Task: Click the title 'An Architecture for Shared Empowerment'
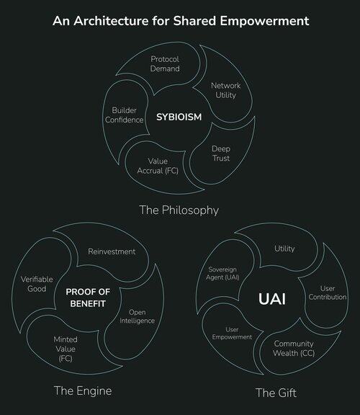click(x=181, y=21)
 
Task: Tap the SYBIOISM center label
click(x=179, y=117)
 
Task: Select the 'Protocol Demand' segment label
click(x=165, y=64)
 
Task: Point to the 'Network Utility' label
click(x=225, y=90)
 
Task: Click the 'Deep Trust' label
click(x=221, y=153)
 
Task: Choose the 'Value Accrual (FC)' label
click(x=158, y=166)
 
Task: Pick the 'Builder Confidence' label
click(x=124, y=115)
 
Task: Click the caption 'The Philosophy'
click(x=179, y=210)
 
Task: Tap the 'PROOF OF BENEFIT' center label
click(x=88, y=298)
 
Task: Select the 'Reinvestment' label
click(x=112, y=251)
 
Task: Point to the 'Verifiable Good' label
click(x=37, y=284)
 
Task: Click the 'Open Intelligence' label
click(x=137, y=316)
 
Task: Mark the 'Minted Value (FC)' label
click(x=66, y=349)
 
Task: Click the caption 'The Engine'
click(x=83, y=391)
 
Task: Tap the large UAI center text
click(x=272, y=299)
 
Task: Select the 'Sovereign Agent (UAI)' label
click(x=222, y=273)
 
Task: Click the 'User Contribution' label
click(x=328, y=293)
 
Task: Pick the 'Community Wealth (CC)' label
click(x=294, y=348)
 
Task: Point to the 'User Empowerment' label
click(x=232, y=333)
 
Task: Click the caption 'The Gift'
click(x=276, y=393)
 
